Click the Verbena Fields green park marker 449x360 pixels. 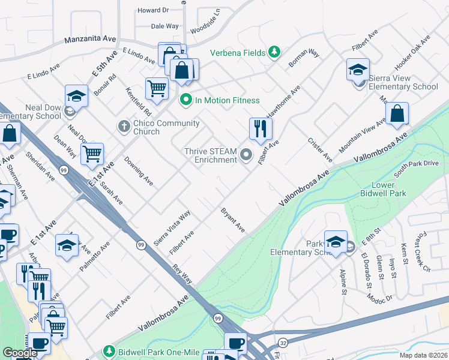274,53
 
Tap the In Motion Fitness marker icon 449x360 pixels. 185,100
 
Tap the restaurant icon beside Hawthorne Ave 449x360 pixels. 261,128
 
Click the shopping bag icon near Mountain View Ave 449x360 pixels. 397,113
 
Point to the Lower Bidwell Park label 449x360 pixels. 383,189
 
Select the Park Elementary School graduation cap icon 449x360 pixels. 336,242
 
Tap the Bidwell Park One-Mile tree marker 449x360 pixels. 109,350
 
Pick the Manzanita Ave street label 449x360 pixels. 91,39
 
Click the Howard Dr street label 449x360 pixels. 153,10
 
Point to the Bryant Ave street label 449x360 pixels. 232,220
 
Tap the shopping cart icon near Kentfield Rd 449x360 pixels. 157,88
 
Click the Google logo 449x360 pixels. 20,353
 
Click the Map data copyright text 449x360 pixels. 423,355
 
